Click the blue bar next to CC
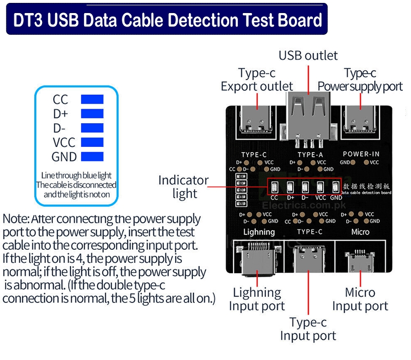point(92,99)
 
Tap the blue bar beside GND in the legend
point(92,157)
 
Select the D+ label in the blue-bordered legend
point(60,114)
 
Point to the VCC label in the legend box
point(63,143)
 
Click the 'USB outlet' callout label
point(308,55)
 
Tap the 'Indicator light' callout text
point(184,187)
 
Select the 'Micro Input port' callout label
point(360,299)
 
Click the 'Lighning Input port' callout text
point(257,299)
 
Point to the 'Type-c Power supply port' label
point(360,80)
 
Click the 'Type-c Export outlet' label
point(257,80)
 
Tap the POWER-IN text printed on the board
point(361,154)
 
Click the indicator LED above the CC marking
point(274,187)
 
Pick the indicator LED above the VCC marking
point(321,187)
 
